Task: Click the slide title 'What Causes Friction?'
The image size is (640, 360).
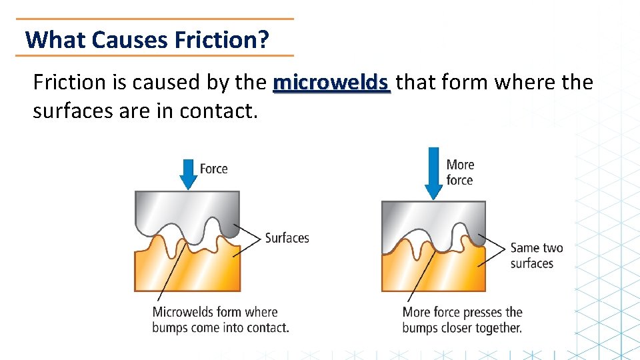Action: [147, 40]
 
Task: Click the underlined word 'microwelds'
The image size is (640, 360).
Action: [331, 83]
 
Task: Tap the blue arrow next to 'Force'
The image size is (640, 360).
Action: [189, 174]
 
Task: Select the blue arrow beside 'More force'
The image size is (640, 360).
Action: [434, 173]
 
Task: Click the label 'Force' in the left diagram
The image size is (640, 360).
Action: [213, 169]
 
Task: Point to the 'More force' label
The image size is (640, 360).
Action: [460, 172]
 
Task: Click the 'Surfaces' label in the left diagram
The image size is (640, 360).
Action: [287, 237]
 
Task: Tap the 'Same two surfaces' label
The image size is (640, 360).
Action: [536, 255]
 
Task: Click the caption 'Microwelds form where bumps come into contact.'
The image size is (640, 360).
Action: [221, 319]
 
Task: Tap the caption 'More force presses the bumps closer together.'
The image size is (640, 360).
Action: [462, 319]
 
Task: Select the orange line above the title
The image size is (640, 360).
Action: [154, 19]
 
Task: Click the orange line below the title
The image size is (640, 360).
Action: [154, 55]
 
